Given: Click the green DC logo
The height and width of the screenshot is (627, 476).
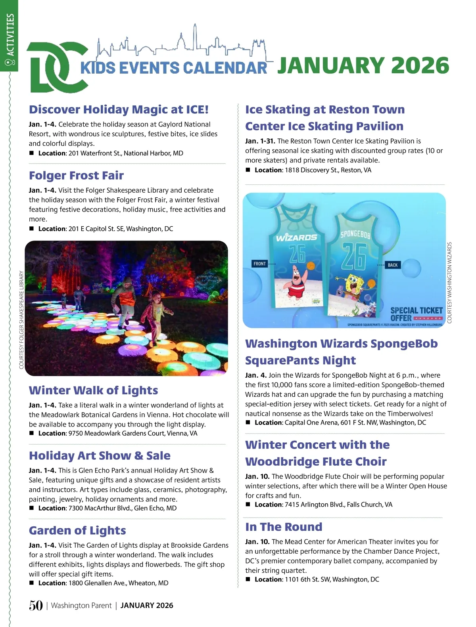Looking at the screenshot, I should click(56, 67).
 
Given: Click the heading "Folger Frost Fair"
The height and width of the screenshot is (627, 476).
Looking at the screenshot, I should click(76, 176).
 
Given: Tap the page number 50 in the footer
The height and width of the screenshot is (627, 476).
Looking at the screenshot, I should click(36, 605).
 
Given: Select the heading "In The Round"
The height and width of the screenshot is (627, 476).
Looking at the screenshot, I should click(284, 527).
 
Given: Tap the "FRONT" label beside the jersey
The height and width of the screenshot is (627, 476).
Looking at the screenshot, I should click(259, 264).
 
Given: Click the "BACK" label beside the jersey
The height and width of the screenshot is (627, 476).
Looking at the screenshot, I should click(393, 265).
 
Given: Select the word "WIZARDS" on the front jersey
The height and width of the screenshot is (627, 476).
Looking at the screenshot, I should click(297, 237).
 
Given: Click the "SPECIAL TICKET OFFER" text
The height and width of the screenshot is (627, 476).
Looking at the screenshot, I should click(416, 314).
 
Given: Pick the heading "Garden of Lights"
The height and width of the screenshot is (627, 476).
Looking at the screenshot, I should click(77, 530).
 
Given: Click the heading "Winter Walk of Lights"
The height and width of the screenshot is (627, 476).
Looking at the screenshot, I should click(93, 390).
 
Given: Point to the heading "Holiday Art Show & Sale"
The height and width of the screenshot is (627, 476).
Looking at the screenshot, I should click(100, 456).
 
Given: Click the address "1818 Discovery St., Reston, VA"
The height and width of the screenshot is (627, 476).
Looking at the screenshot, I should click(328, 170).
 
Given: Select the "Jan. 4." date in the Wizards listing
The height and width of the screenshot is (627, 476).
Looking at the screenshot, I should click(256, 375).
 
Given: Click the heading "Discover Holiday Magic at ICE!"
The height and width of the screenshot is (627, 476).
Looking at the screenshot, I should click(119, 109).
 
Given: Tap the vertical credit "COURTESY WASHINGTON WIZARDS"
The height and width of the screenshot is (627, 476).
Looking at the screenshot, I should click(449, 283).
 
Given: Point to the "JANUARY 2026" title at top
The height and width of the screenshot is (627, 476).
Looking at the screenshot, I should click(363, 66).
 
